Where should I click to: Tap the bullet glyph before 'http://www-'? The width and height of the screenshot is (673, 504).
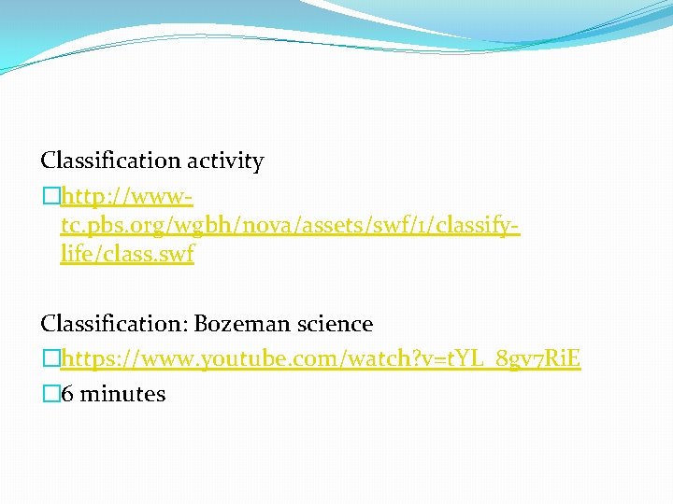(49, 197)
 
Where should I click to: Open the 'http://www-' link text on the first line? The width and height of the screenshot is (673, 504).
(126, 197)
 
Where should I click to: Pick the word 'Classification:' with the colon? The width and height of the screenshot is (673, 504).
(113, 325)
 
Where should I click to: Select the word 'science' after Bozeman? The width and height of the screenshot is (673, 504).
(335, 325)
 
